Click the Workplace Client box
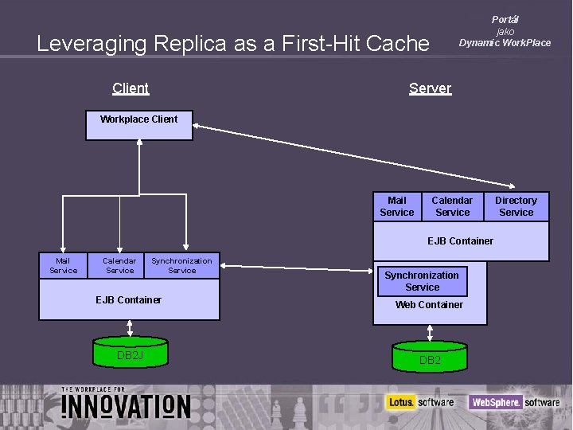point(139,125)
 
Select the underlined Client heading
point(131,88)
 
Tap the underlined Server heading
point(430,88)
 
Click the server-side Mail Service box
point(397,206)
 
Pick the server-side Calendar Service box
point(453,206)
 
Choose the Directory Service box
point(516,206)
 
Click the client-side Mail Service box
point(64,265)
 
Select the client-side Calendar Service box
point(119,265)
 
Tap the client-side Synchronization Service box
point(182,265)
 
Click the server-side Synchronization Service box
point(422,281)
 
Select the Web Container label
point(429,305)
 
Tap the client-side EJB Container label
point(128,300)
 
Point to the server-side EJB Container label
point(460,241)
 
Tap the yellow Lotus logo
point(400,402)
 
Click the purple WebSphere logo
point(494,402)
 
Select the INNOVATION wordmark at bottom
point(127,405)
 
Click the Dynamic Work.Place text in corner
point(505,43)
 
